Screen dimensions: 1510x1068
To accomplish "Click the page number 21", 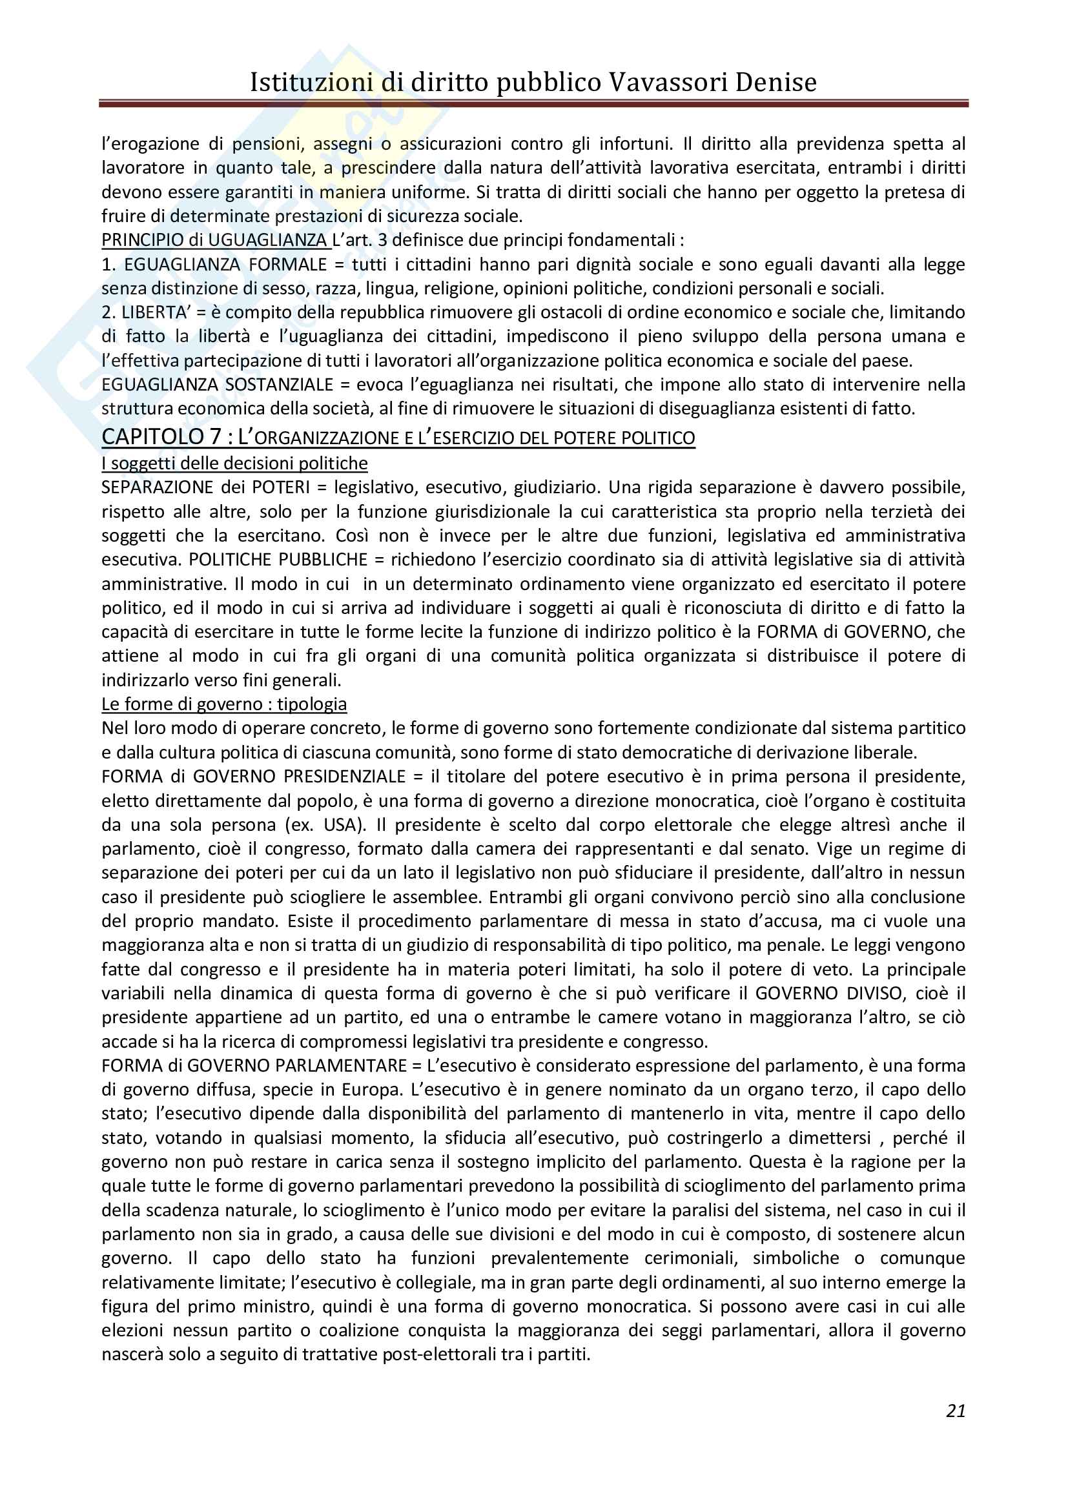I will point(956,1411).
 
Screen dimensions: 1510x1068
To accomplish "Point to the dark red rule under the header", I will point(533,103).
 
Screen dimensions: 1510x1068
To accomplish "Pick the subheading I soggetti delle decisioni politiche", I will point(234,464).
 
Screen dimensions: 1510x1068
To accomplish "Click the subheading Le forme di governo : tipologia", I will point(223,704).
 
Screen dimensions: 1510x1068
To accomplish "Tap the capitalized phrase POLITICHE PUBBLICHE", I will point(278,560).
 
